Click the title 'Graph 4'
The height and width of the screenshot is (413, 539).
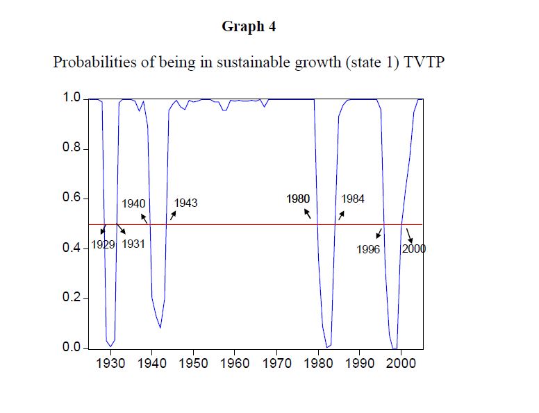coord(244,26)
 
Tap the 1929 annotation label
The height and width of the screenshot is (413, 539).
coord(103,244)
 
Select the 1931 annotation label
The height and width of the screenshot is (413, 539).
coord(133,244)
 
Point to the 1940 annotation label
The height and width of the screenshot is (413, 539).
coord(133,204)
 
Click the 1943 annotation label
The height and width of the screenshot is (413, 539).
coord(185,203)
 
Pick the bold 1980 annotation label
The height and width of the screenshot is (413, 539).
coord(298,199)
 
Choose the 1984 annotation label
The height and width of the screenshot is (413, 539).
coord(353,199)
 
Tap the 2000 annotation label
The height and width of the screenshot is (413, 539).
coord(414,249)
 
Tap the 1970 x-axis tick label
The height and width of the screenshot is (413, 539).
coord(276,363)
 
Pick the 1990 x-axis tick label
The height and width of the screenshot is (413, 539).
coord(360,363)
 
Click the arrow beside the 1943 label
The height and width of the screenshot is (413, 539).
coord(173,215)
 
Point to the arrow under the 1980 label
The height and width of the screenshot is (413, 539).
coord(307,213)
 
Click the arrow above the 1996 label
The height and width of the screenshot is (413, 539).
coord(379,233)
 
